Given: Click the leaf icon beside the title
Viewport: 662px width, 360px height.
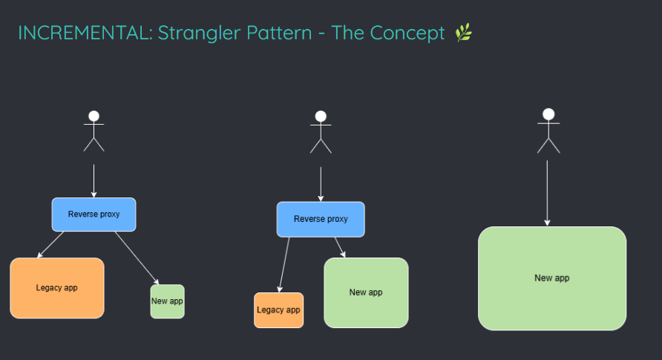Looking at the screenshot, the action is point(464,33).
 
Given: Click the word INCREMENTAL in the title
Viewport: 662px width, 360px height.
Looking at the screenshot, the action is point(85,33).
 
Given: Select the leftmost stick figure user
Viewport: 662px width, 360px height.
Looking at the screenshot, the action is point(94,131).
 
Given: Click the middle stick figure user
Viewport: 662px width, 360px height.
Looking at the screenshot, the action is point(321,132).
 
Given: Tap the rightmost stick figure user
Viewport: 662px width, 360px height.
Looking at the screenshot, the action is point(548,131).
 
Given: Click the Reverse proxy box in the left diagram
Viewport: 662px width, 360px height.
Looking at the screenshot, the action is point(94,215).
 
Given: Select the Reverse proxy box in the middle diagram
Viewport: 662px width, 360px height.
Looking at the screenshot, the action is point(321,219).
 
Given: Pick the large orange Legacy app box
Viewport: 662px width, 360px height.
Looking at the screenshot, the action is point(57,288).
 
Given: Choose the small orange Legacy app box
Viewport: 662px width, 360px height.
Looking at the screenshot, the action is point(278,310).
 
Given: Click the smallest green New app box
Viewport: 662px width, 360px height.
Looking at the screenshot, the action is point(167,301).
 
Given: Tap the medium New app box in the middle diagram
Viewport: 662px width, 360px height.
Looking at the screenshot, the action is point(366,292).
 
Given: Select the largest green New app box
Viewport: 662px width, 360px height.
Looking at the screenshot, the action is point(552,278).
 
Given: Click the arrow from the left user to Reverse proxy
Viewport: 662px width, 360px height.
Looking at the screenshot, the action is point(94,181).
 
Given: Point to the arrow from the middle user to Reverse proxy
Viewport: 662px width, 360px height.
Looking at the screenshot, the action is point(321,184).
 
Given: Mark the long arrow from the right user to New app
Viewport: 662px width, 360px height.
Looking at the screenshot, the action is point(547,193).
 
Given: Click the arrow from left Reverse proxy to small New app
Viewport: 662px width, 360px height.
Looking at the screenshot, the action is point(137,258).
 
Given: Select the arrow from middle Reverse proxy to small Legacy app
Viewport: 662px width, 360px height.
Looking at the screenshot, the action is point(284,265).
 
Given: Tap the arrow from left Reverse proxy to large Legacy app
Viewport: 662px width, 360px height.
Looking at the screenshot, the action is point(50,244).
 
